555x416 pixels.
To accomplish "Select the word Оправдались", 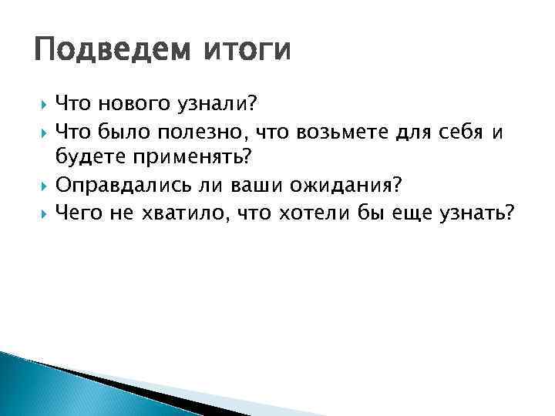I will coord(116,186).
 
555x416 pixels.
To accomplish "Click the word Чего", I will coord(79,213).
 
